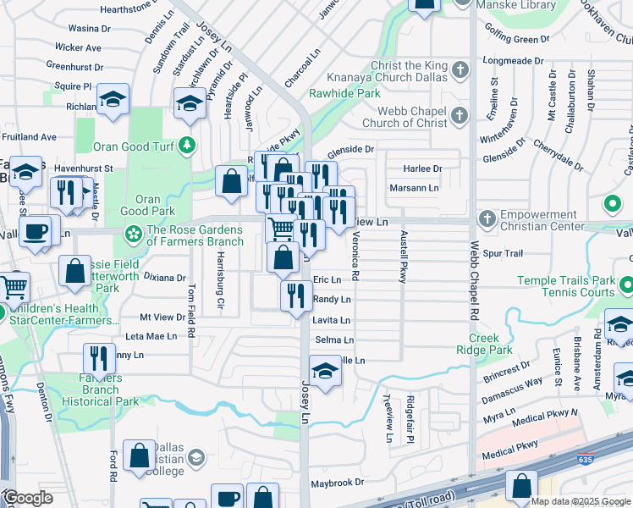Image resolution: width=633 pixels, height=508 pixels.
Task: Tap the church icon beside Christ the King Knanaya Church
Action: click(460, 69)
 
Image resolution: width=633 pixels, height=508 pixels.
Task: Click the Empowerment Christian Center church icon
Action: click(487, 219)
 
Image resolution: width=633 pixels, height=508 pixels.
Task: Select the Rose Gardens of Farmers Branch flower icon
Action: click(133, 233)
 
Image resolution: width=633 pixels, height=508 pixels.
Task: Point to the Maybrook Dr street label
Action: click(336, 483)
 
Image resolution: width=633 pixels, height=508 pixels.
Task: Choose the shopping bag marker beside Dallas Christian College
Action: click(138, 457)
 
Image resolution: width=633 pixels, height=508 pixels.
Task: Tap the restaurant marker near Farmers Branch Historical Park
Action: click(99, 361)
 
